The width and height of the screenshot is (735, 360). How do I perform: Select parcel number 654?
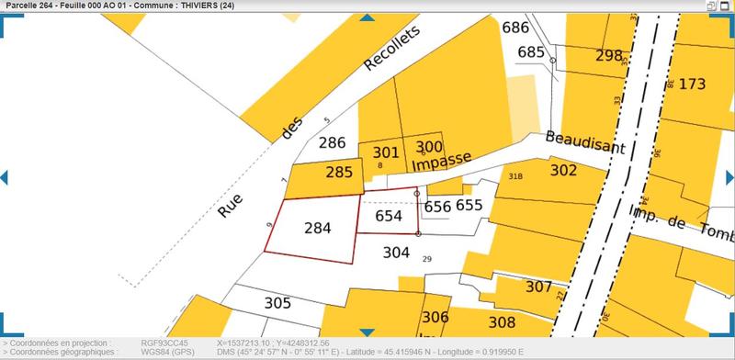tap(390, 216)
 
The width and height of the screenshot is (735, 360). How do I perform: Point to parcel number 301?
tap(387, 152)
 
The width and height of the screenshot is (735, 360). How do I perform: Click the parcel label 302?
tap(562, 170)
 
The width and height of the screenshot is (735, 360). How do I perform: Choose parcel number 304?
tap(396, 252)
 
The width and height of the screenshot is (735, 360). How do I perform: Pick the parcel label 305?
tap(277, 302)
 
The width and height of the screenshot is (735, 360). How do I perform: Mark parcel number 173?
tap(692, 84)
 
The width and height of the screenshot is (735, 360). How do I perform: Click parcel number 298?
tap(608, 55)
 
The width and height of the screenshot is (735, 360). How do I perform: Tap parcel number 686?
tap(515, 28)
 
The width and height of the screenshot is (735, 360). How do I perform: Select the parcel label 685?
tap(531, 51)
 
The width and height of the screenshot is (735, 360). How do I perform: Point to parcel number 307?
tap(538, 287)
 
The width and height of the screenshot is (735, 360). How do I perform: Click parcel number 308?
tap(502, 322)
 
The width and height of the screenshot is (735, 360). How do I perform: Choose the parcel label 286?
tap(331, 143)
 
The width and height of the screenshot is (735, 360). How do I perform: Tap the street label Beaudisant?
tap(584, 141)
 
